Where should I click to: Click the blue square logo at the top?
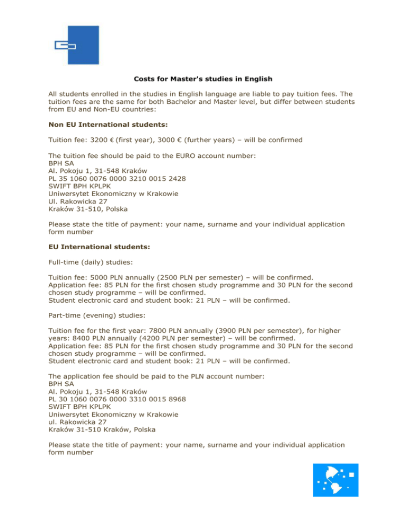tap(77, 46)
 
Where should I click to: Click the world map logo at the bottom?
tap(335, 480)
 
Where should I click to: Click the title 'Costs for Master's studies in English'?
tap(203, 79)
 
